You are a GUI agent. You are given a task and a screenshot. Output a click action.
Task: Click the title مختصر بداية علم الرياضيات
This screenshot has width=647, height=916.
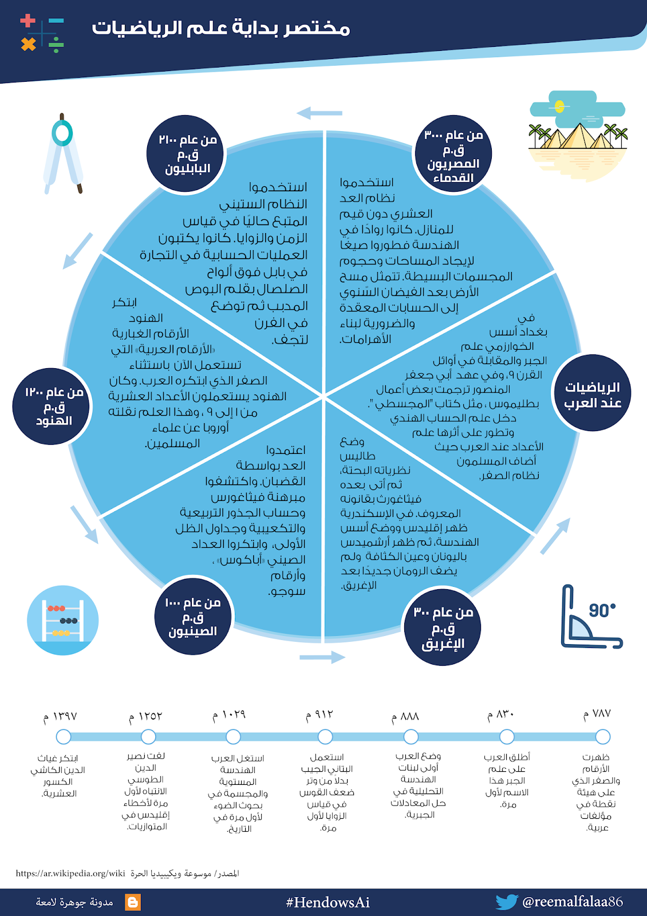tap(220, 27)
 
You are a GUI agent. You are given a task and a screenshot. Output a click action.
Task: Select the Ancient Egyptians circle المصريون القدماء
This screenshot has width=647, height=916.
tap(453, 155)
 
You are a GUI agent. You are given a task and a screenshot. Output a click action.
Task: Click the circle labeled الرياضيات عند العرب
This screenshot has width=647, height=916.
tap(592, 393)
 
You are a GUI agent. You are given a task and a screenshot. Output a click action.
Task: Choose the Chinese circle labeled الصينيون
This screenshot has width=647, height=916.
tap(193, 617)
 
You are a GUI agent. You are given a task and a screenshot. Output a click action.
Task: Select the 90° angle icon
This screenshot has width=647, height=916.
tap(590, 617)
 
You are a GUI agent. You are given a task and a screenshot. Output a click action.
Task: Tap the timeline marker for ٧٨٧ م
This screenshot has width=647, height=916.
tap(602, 737)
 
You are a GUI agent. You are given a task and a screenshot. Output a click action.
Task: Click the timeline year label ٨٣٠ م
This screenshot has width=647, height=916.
tap(501, 715)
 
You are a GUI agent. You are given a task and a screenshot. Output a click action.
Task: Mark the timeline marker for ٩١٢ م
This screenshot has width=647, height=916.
tap(325, 737)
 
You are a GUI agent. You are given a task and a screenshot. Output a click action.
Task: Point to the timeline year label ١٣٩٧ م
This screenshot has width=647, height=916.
tap(60, 717)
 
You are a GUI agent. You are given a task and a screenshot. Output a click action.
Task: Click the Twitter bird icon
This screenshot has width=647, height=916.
tap(506, 902)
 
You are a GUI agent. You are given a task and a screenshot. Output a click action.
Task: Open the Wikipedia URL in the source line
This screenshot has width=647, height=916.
tap(70, 874)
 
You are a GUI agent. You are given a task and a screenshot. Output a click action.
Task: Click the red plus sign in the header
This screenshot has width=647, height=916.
tap(27, 21)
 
